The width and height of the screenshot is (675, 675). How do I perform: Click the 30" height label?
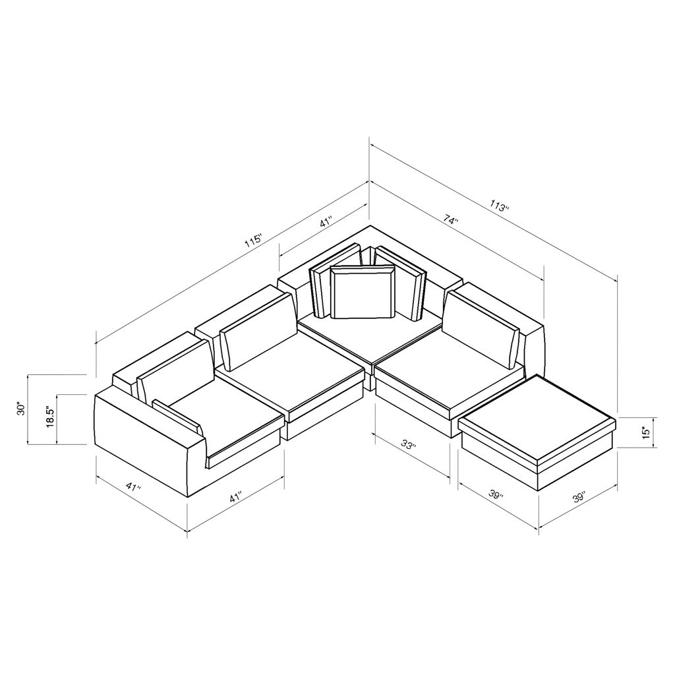click(x=21, y=409)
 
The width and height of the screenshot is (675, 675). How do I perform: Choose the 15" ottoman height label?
click(x=645, y=432)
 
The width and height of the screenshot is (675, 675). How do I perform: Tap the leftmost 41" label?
click(x=134, y=488)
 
